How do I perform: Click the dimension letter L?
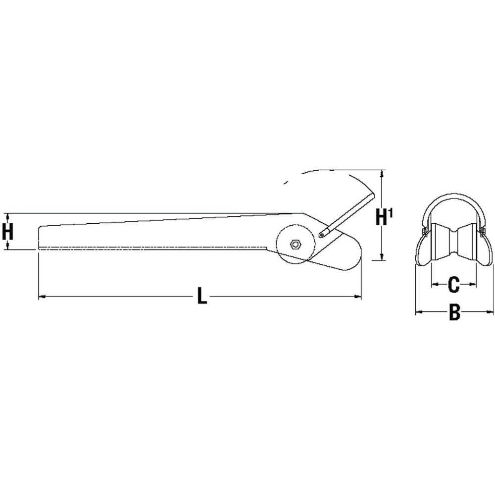pyautogui.click(x=200, y=297)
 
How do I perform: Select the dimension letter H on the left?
pyautogui.click(x=7, y=232)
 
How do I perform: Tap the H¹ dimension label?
pyautogui.click(x=385, y=217)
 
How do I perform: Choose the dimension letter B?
pyautogui.click(x=454, y=312)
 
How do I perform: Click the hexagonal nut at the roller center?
pyautogui.click(x=295, y=244)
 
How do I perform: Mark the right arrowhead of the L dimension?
pyautogui.click(x=358, y=297)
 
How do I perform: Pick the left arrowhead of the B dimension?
pyautogui.click(x=417, y=312)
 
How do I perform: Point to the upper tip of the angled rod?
pyautogui.click(x=372, y=198)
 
